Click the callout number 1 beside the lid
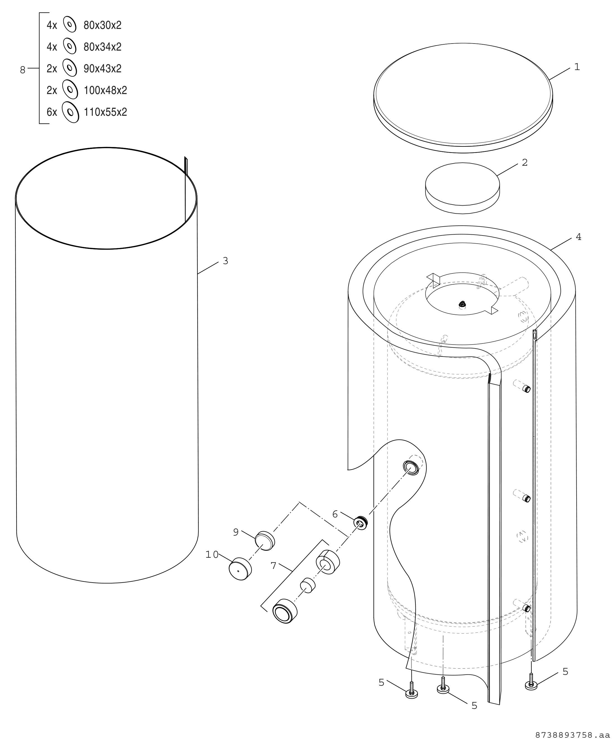tap(577, 67)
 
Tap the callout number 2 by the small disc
tap(525, 162)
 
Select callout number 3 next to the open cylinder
tap(225, 261)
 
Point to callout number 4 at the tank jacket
tap(578, 237)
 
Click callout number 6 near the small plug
tap(335, 514)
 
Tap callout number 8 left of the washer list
tap(23, 70)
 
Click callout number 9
tap(236, 532)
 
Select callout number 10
tap(212, 555)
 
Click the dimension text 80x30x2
tap(102, 25)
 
